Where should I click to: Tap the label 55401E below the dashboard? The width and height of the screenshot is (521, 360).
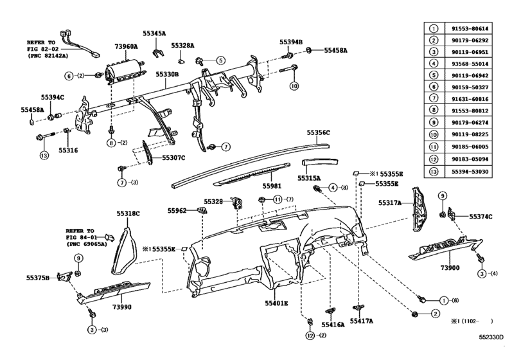[275, 301]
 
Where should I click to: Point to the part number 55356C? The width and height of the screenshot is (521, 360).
[318, 132]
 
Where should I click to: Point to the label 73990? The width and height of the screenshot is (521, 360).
[122, 307]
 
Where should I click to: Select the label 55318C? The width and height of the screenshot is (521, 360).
[128, 213]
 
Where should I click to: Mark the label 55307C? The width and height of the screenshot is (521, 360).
[173, 157]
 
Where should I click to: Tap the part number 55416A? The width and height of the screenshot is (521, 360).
[333, 326]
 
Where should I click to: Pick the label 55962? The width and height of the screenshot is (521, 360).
[177, 210]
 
